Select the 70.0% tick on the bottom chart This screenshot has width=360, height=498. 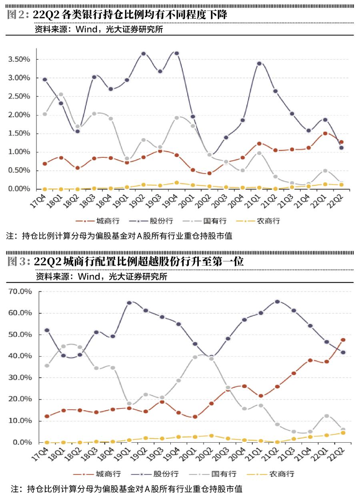pyautogui.click(x=20, y=291)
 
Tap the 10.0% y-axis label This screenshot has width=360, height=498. pyautogui.click(x=20, y=421)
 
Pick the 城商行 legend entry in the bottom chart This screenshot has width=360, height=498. pyautogui.click(x=107, y=474)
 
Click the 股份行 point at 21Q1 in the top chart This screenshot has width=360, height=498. pyautogui.click(x=259, y=63)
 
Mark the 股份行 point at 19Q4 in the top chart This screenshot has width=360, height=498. pyautogui.click(x=176, y=53)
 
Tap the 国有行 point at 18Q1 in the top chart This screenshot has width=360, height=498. pyautogui.click(x=61, y=94)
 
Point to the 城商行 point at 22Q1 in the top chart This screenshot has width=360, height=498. pyautogui.click(x=325, y=133)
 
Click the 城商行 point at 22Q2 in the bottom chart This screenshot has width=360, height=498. pyautogui.click(x=343, y=340)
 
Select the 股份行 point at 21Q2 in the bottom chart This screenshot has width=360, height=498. pyautogui.click(x=277, y=301)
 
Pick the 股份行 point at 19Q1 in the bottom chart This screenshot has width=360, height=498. pyautogui.click(x=129, y=303)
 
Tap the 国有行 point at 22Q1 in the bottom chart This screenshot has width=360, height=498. pyautogui.click(x=326, y=416)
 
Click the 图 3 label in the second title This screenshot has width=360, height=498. pyautogui.click(x=18, y=262)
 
